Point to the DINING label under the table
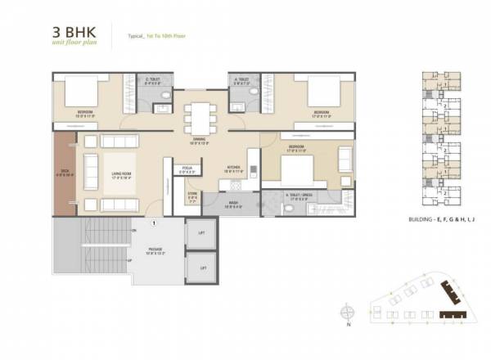pos(199,140)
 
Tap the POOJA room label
pos(187,169)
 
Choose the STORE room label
pos(192,196)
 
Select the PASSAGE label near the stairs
pos(155,250)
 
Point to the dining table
pos(199,115)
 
